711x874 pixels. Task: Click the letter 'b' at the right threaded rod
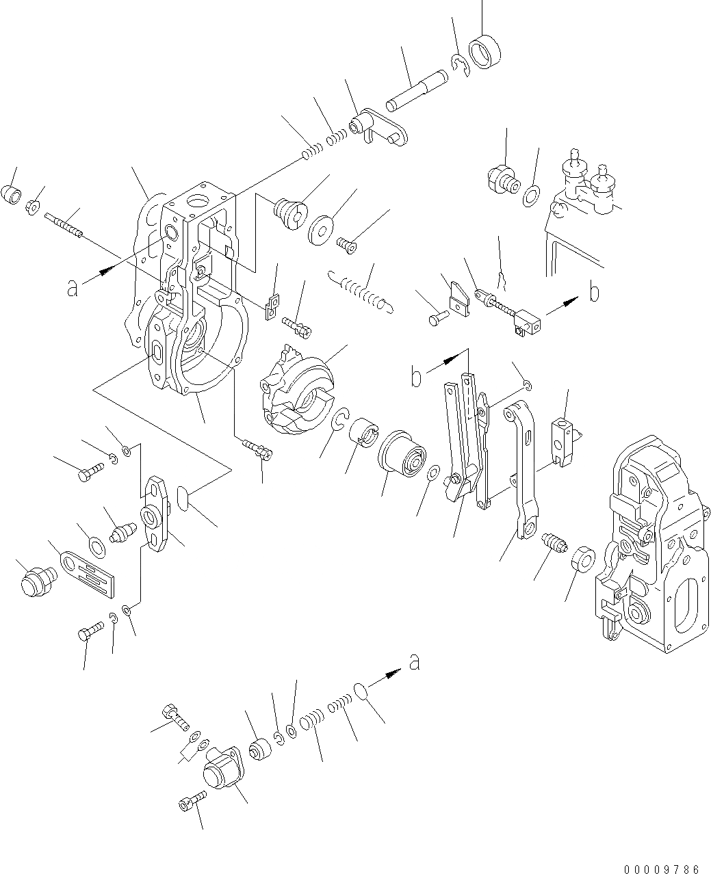click(x=594, y=293)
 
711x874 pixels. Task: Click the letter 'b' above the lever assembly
click(x=415, y=377)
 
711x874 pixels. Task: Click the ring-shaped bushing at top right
click(x=484, y=52)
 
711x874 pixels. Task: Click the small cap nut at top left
click(x=12, y=194)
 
